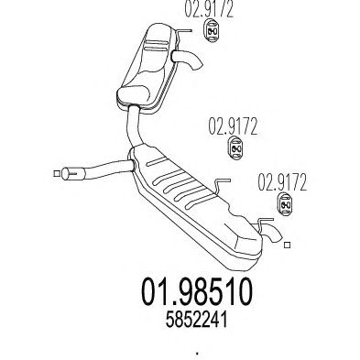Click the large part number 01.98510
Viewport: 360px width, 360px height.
point(197,292)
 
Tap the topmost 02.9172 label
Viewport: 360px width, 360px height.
point(209,9)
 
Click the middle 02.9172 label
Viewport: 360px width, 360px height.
point(233,126)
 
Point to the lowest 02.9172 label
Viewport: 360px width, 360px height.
point(282,182)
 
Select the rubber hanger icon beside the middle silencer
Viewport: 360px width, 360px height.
point(236,148)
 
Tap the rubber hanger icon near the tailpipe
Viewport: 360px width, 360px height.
point(286,204)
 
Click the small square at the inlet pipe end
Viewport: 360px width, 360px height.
point(57,173)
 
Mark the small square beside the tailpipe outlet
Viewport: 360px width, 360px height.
point(287,245)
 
